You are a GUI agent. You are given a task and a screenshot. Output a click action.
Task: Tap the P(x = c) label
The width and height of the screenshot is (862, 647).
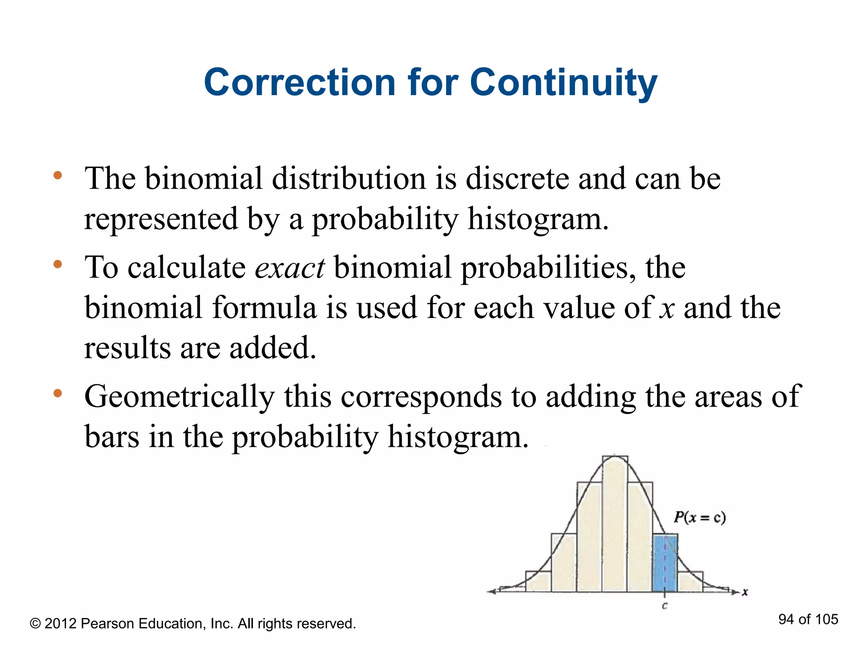click(700, 517)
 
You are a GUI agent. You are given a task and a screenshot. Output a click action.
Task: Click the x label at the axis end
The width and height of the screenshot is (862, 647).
click(745, 592)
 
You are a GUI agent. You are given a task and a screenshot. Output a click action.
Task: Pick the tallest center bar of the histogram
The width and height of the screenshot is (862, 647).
click(615, 527)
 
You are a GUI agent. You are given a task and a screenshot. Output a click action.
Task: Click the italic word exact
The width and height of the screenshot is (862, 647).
click(290, 268)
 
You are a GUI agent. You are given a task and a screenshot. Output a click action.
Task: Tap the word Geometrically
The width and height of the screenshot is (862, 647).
click(179, 397)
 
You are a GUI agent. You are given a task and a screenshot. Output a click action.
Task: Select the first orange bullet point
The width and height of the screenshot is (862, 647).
click(58, 175)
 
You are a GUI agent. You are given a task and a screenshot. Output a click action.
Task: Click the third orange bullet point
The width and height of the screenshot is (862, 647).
click(58, 393)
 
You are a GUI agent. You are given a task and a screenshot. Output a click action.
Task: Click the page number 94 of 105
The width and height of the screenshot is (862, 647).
click(808, 619)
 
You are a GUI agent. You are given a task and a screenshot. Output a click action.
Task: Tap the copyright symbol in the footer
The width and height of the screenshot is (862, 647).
click(35, 624)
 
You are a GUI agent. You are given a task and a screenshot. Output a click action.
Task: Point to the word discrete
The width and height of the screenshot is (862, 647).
click(517, 179)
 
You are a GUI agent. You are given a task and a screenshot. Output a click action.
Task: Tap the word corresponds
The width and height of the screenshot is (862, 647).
click(421, 397)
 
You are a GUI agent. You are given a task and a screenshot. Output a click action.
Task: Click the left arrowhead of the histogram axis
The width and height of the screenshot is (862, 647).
click(491, 591)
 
